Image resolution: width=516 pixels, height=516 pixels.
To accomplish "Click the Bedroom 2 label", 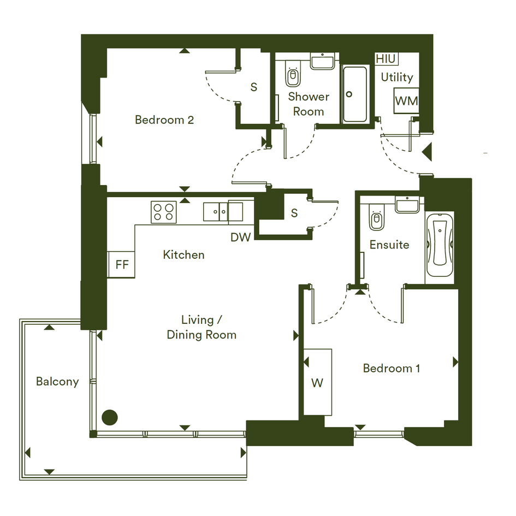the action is pos(164,120).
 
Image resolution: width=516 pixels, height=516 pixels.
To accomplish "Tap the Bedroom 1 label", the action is pos(392,368).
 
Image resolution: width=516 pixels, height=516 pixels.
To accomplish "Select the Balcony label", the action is pos(57,382).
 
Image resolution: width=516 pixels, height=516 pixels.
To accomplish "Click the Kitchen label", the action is pos(183,254).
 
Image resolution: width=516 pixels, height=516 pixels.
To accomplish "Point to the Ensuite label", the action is pos(389,245).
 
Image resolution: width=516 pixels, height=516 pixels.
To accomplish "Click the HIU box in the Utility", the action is pos(387,59).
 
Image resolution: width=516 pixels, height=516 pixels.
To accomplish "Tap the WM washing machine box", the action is pos(406,100).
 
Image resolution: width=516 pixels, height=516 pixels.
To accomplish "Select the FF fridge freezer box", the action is pos(121,265).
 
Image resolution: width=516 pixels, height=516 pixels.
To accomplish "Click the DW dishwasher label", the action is pos(241,238).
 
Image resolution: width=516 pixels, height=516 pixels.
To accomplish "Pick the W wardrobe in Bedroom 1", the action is pos(318,382).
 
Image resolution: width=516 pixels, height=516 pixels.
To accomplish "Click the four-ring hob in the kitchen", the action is pos(164,212).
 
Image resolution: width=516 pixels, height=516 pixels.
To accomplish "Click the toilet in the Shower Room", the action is pos(293,74).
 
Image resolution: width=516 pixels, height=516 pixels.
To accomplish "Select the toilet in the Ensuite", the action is pos(377,217).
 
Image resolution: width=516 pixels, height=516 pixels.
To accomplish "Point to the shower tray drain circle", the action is pos(349,94).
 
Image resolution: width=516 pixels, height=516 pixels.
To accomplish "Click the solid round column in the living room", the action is pos(110,418).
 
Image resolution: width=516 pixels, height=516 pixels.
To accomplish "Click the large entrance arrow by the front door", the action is pos(427,152).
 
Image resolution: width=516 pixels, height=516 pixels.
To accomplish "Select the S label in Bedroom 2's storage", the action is pos(254,87).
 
